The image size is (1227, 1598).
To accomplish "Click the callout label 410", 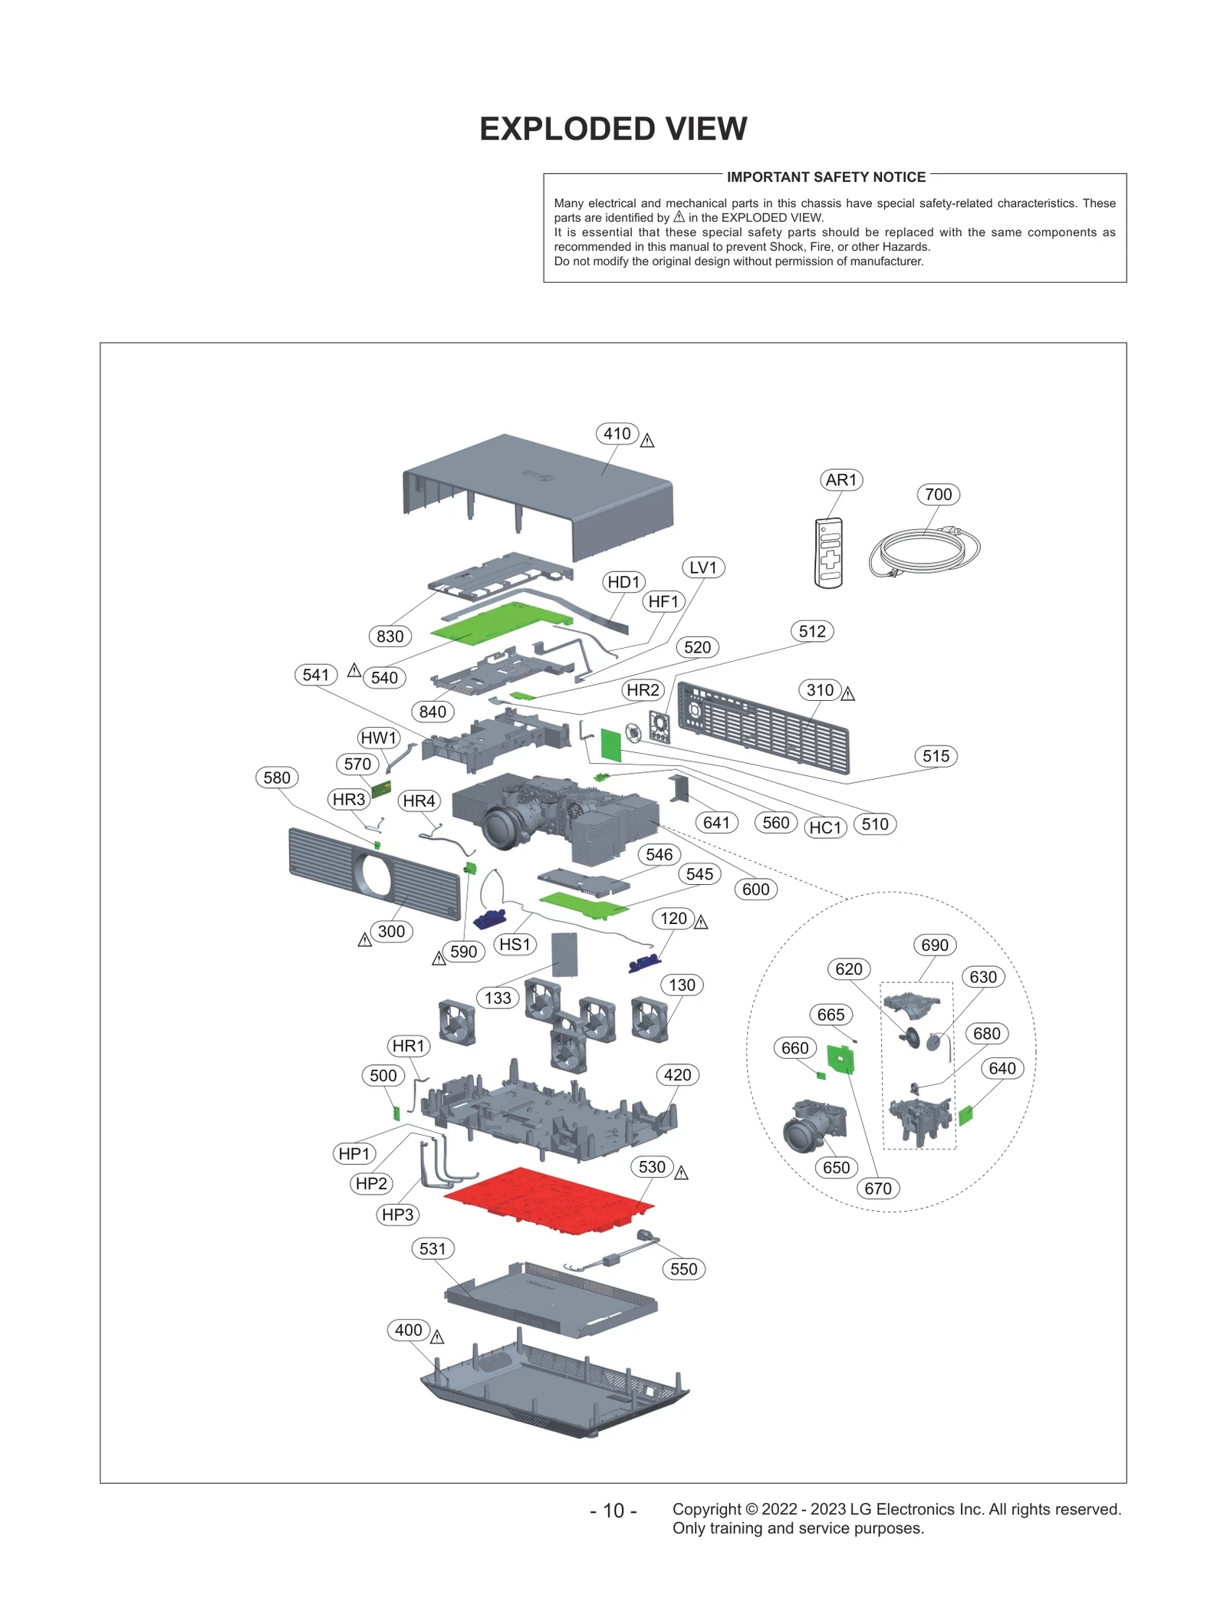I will point(617,433).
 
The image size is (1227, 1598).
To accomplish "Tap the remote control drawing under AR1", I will point(828,553).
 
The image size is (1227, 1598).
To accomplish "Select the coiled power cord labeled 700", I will point(923,551).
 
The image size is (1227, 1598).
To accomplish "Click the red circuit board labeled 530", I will point(549,1200).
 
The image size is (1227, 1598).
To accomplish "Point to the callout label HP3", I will point(397,1214).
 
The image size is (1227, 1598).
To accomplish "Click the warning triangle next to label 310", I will point(847,694).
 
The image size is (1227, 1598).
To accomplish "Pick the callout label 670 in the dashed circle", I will point(877,1188).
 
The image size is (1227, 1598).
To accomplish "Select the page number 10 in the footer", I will point(613,1510).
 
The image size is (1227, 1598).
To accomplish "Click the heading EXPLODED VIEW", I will point(613,129).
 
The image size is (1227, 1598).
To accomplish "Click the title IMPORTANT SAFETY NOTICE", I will point(826,177).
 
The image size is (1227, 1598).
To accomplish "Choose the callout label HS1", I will point(515,944).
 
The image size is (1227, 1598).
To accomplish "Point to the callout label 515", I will point(936,756).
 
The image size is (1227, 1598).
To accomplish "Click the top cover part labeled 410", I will point(537,491).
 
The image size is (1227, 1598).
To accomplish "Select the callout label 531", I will point(433,1248).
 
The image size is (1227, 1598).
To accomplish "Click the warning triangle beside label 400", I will point(437,1337).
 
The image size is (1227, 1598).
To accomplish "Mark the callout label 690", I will point(934,945).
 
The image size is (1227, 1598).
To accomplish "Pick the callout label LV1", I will point(702,567).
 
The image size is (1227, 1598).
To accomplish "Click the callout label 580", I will point(277,778).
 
